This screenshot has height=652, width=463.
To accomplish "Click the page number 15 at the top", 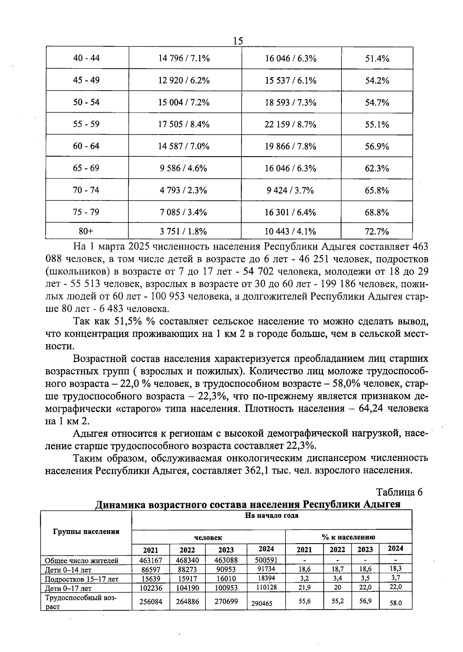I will (x=238, y=41).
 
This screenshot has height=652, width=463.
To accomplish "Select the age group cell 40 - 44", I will (x=86, y=58).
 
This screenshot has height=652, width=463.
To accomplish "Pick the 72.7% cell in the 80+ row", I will (x=377, y=231).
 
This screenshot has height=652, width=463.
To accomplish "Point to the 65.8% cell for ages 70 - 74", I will (x=377, y=190).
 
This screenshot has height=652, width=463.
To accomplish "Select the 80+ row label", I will (x=86, y=231).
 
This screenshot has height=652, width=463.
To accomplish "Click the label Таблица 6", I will (x=400, y=492).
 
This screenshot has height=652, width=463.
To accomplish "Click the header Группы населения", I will (x=86, y=532).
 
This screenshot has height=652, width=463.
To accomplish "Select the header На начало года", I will (x=272, y=516).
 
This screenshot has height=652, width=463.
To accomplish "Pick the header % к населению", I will (x=348, y=537).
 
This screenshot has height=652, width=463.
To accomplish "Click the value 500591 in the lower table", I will (x=266, y=560).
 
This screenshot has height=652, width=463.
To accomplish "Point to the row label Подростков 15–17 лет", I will (x=81, y=579).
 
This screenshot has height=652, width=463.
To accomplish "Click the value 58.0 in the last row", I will (x=395, y=603).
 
